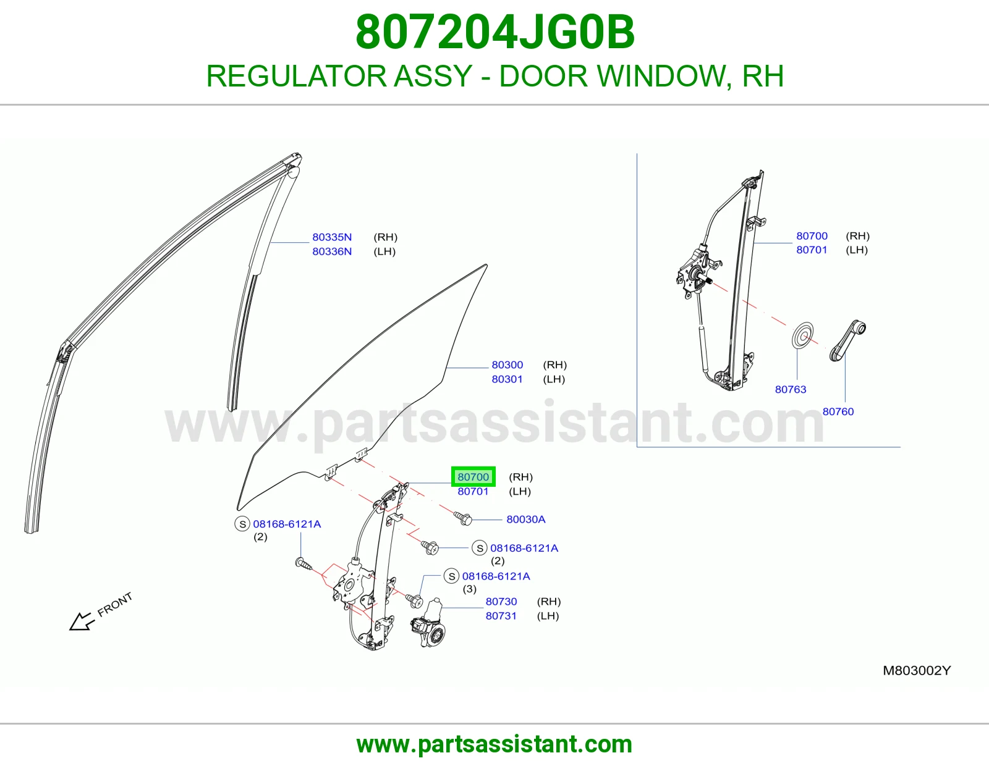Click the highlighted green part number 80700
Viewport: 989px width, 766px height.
[x=473, y=477]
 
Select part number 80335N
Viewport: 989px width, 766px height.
[x=332, y=237]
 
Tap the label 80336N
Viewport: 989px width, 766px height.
[x=332, y=251]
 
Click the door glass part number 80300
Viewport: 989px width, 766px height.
[x=507, y=365]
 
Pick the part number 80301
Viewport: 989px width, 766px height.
[x=507, y=379]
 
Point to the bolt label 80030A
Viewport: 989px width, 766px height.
[x=525, y=520]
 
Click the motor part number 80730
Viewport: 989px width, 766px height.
[x=501, y=601]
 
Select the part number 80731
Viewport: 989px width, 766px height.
[x=501, y=616]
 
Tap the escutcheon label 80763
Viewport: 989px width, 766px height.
[x=791, y=389]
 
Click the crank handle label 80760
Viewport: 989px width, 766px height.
[x=838, y=411]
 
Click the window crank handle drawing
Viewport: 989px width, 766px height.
[x=847, y=340]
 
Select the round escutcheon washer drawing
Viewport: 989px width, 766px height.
[x=802, y=335]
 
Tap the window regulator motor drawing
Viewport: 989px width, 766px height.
[x=428, y=622]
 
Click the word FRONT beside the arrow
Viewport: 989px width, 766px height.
[x=115, y=605]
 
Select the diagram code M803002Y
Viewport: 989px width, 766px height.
[x=917, y=670]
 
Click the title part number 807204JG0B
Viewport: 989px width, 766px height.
[x=494, y=32]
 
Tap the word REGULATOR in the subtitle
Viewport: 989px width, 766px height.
[x=296, y=76]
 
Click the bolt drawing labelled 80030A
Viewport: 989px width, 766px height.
[x=463, y=518]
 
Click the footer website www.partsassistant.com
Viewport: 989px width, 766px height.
[x=494, y=744]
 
